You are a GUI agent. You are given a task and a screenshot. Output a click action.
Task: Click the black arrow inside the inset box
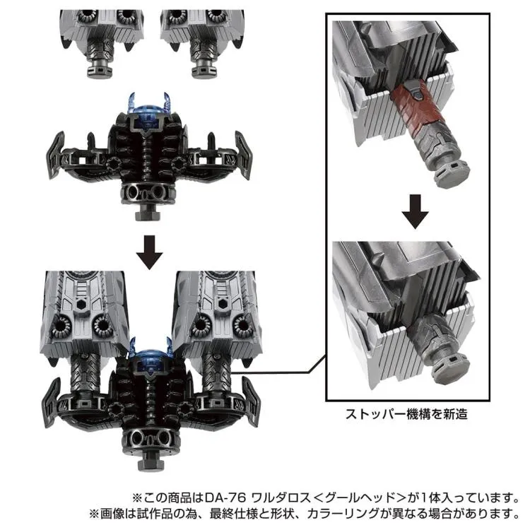415,211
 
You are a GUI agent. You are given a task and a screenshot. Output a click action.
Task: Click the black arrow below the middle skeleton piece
149,252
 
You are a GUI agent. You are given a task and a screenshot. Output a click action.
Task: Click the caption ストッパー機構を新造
406,414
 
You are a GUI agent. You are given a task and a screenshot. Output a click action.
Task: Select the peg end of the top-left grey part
100,70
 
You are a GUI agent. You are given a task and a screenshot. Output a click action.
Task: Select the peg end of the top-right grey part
204,70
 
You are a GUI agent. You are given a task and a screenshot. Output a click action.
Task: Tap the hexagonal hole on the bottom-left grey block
81,305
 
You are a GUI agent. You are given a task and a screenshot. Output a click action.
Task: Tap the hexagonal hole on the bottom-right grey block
223,304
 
